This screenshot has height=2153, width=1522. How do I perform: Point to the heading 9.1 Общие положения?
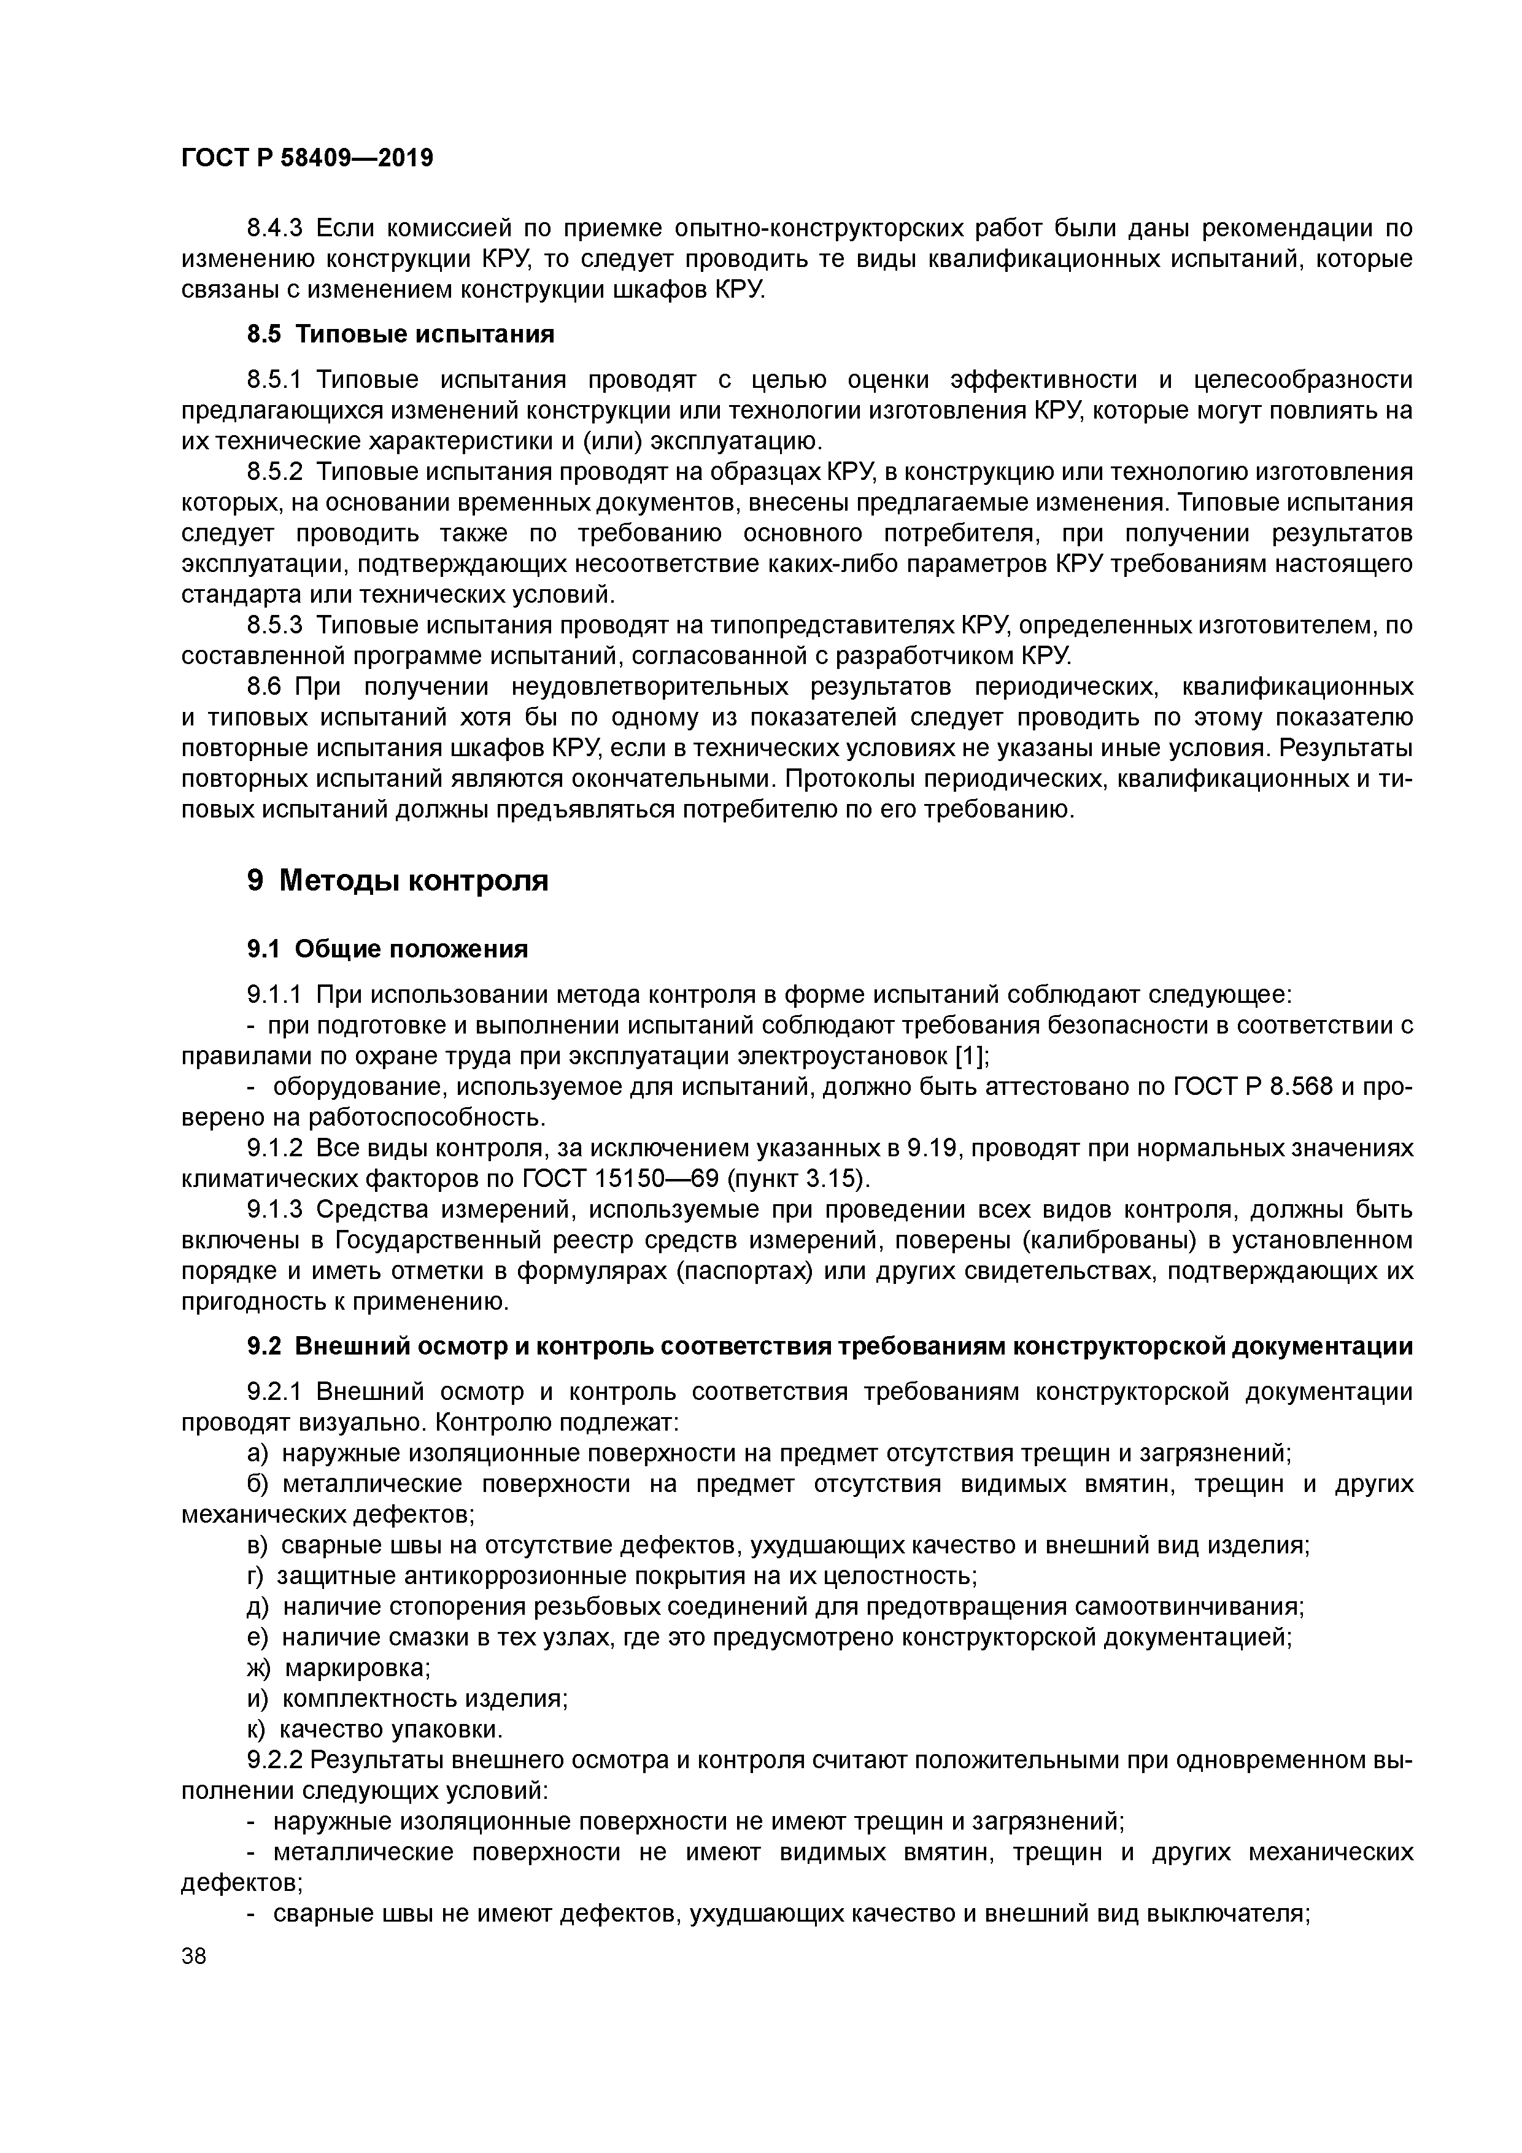point(387,949)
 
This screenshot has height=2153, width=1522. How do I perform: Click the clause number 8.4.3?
point(276,228)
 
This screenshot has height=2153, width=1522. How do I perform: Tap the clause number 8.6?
point(265,686)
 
